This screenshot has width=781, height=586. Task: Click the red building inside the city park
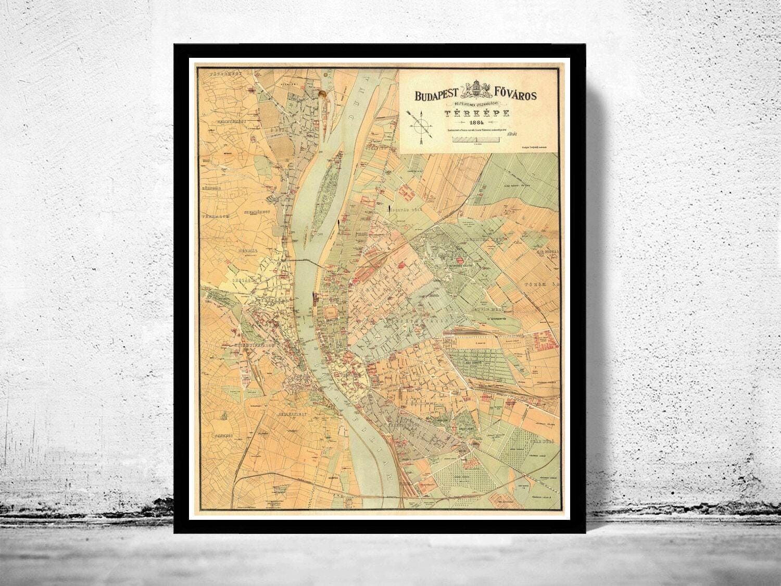click(x=460, y=260)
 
